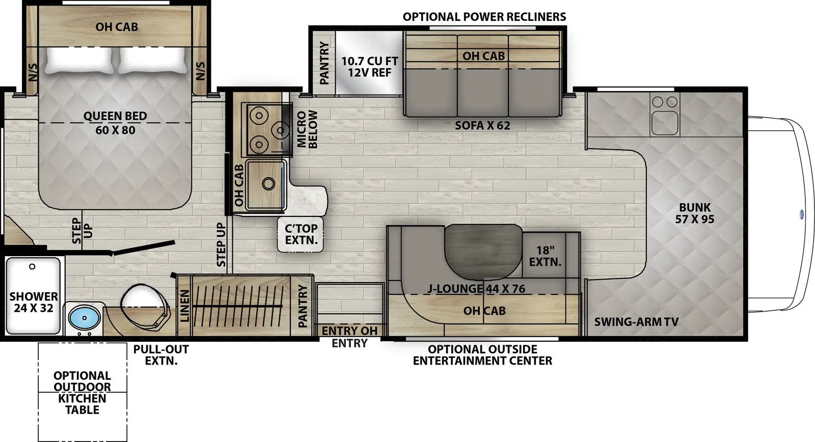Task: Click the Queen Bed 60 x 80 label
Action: pyautogui.click(x=115, y=123)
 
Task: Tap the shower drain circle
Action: pyautogui.click(x=32, y=267)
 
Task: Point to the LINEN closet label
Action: pyautogui.click(x=184, y=306)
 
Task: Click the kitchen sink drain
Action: pyautogui.click(x=268, y=183)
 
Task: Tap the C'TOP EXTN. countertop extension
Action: pyautogui.click(x=301, y=234)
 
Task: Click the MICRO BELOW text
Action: pyautogui.click(x=307, y=129)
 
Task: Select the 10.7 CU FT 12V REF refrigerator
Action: pyautogui.click(x=369, y=66)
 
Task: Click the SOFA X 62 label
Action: pyautogui.click(x=482, y=125)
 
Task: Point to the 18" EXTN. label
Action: pyautogui.click(x=545, y=256)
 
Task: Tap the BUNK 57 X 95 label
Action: pyautogui.click(x=695, y=213)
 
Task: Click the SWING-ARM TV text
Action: pyautogui.click(x=636, y=322)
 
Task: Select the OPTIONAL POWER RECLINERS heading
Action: pyautogui.click(x=484, y=17)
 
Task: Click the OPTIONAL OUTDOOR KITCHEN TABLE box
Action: pyautogui.click(x=82, y=392)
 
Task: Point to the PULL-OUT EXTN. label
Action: pyautogui.click(x=161, y=355)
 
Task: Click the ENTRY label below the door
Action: pyautogui.click(x=349, y=344)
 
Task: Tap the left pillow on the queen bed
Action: pyautogui.click(x=79, y=60)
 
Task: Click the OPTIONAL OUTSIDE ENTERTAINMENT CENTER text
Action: pyautogui.click(x=482, y=355)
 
